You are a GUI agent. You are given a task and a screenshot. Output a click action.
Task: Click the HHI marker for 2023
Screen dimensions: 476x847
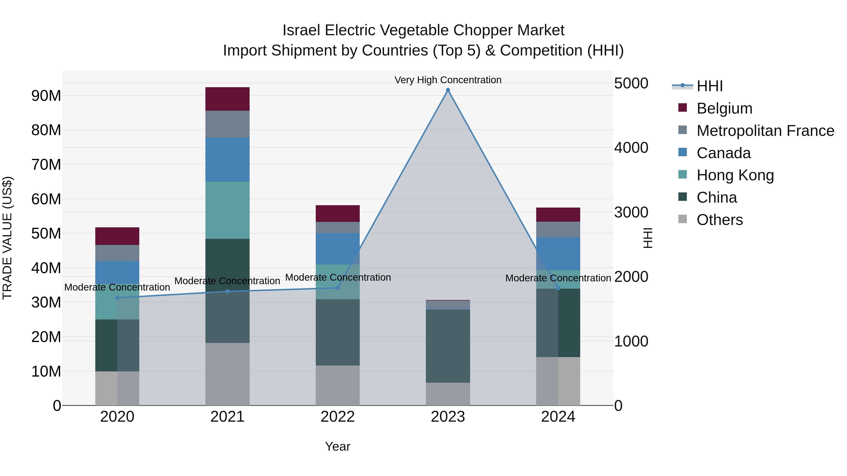tap(448, 90)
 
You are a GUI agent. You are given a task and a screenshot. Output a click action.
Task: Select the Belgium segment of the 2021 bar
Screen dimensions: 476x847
tap(227, 99)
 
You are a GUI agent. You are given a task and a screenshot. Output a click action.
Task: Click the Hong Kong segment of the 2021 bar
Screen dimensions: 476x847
tap(227, 210)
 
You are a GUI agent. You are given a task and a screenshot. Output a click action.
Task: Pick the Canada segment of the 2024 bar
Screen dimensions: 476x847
tap(558, 254)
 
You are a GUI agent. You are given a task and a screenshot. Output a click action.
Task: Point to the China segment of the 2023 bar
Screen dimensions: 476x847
tap(448, 346)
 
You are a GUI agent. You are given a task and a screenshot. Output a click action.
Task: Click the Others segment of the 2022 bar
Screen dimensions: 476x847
tap(338, 385)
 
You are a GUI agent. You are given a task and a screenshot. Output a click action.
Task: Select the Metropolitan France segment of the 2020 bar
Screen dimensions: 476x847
tap(117, 253)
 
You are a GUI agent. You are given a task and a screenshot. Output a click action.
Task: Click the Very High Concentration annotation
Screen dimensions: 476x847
tap(448, 80)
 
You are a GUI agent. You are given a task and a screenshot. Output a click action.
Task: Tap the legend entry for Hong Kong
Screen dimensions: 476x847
tap(735, 175)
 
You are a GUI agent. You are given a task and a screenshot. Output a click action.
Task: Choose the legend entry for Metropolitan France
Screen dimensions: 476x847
tap(765, 130)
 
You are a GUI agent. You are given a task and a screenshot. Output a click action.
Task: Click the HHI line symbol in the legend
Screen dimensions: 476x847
tap(682, 86)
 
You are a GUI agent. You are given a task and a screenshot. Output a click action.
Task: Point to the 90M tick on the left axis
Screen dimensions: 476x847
tap(46, 96)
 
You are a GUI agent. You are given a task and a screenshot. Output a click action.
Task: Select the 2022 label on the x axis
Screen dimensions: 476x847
tap(338, 417)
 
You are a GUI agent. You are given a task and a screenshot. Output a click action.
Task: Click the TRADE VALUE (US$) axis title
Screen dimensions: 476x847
tap(7, 238)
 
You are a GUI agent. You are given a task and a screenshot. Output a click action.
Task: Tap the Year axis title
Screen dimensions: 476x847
tap(338, 446)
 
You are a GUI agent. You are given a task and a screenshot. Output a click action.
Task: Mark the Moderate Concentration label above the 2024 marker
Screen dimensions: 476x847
tap(558, 278)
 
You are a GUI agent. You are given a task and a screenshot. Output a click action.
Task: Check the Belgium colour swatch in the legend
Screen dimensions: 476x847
tap(683, 108)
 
